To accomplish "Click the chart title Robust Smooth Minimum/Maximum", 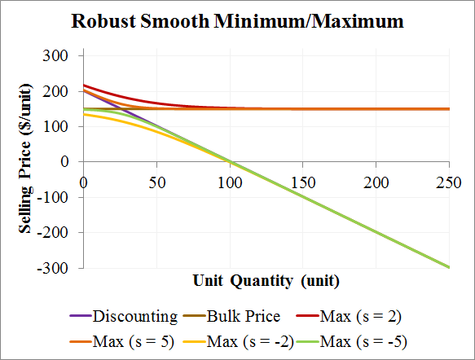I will click(x=237, y=21).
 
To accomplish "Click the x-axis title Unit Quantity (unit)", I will click(x=266, y=281).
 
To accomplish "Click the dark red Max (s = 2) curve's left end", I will click(x=84, y=85).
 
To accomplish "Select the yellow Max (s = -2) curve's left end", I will click(x=84, y=114).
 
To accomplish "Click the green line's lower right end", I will click(x=447, y=266).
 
